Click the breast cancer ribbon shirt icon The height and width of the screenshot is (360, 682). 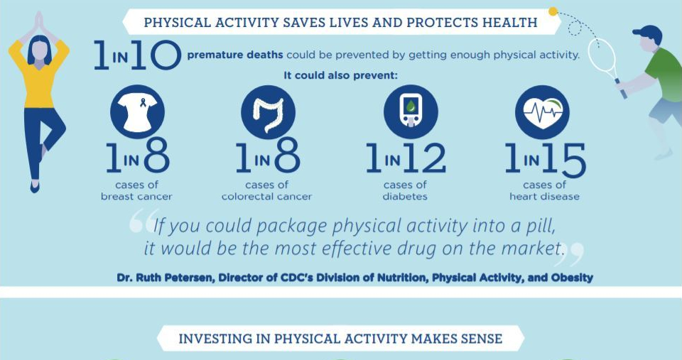tap(137, 111)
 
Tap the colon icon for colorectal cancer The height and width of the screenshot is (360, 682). tap(268, 111)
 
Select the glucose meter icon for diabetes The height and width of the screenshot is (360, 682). tap(411, 111)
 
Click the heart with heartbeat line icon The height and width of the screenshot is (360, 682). tap(541, 111)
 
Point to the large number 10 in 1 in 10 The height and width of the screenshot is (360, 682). tap(156, 55)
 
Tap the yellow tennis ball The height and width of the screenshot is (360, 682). tap(553, 11)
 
